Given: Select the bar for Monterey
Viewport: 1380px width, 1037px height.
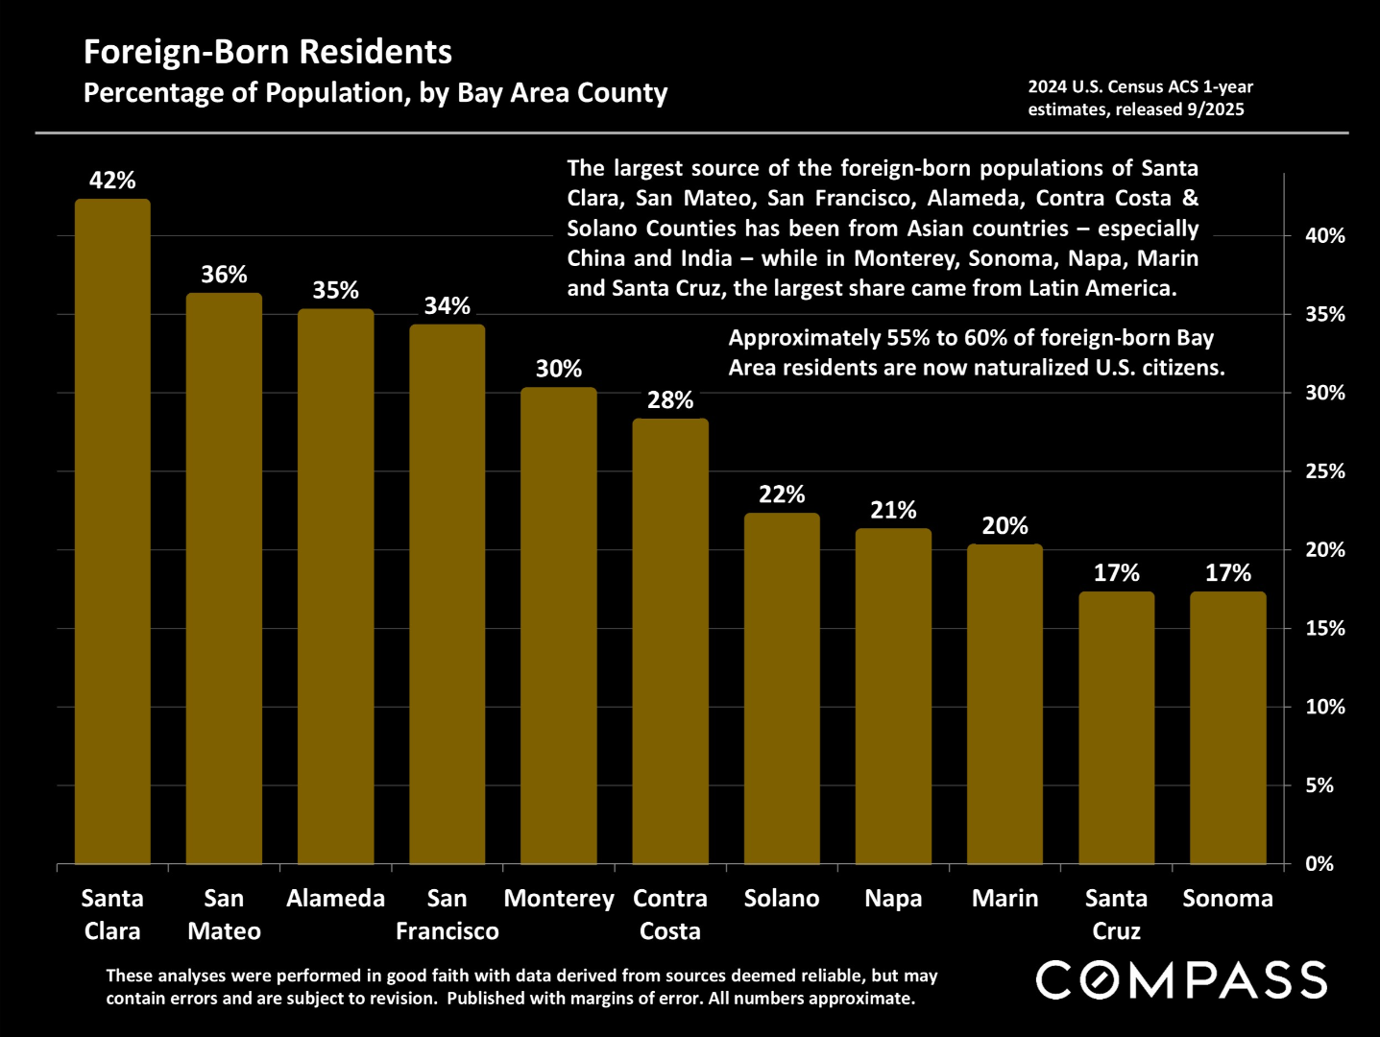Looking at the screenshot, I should coord(559,625).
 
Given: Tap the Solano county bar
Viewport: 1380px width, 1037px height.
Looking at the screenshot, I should coord(782,688).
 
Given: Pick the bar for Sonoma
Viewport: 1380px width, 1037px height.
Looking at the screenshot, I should coord(1227,728).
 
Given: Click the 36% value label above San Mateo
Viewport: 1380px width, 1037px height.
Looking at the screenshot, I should coord(224,275).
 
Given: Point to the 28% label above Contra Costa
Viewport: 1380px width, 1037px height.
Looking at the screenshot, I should coord(670,400).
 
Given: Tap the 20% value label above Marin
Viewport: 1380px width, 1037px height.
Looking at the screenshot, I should coord(1005,526).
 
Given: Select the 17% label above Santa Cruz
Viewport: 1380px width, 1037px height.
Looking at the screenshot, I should coord(1116,573).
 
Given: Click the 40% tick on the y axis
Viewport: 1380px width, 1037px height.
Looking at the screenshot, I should coord(1324,236).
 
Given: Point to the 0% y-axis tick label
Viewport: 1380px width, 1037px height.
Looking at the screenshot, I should coord(1319,864).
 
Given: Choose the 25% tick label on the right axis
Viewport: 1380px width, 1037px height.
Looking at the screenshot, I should coord(1324,471).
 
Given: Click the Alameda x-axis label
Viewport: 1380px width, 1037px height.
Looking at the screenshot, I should coord(335,899).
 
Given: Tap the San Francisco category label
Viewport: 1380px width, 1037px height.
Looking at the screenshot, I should coord(447,914).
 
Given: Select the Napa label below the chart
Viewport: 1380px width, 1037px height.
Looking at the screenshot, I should coord(893,899).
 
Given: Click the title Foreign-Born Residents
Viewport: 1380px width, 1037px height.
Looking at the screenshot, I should coord(268,52).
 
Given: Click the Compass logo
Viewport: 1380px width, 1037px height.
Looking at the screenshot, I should coord(1181,980).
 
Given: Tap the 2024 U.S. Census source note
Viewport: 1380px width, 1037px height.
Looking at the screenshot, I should coord(1140,98).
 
